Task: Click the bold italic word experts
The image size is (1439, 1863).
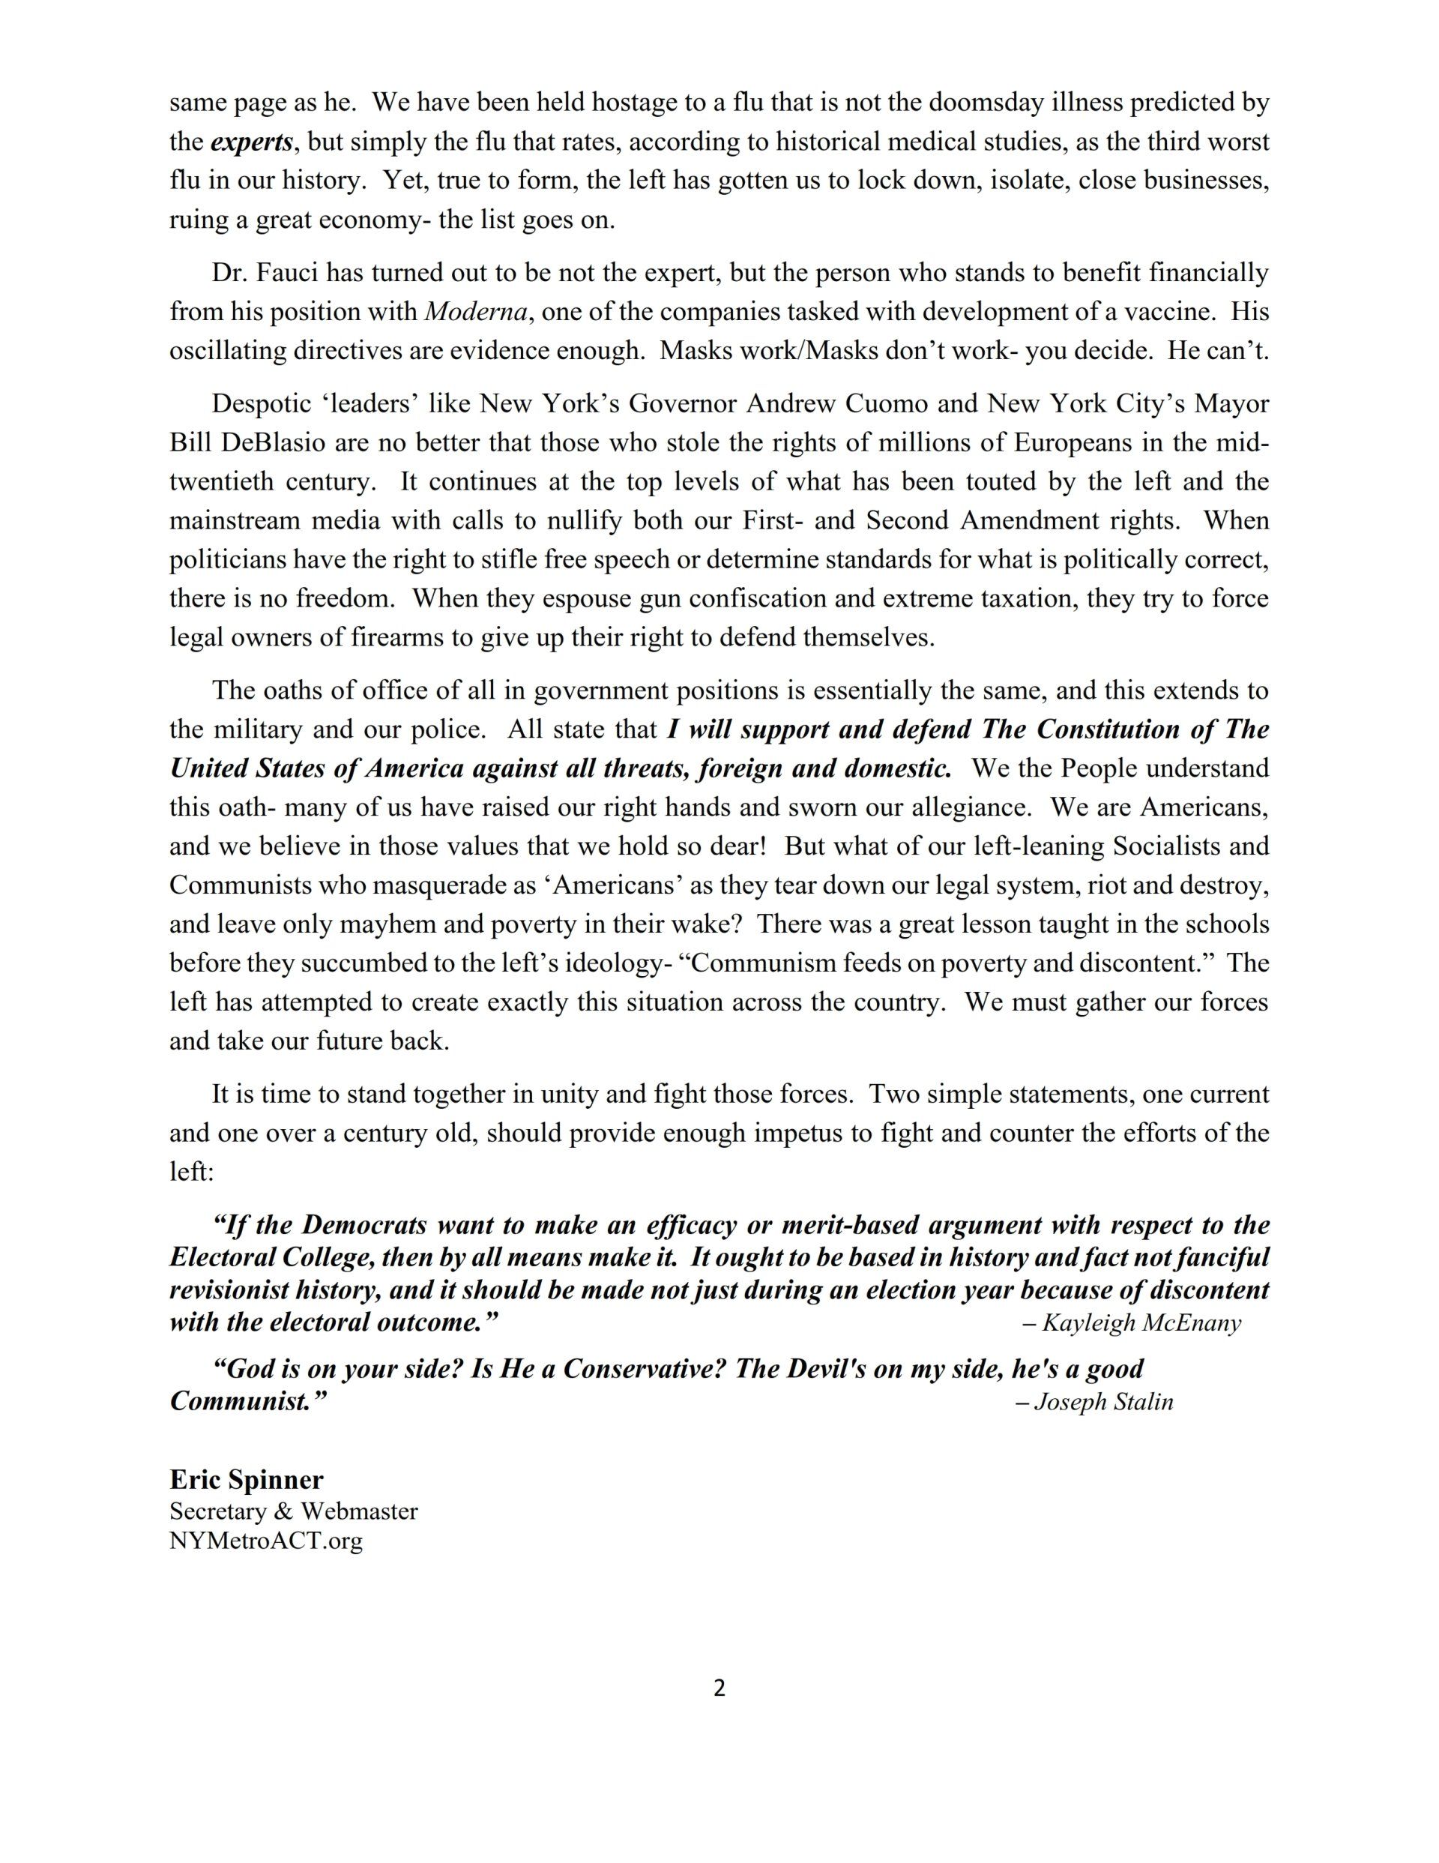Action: tap(252, 142)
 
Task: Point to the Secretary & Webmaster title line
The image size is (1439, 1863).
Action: tap(294, 1511)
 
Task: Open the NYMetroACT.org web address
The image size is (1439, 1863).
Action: tap(266, 1541)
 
